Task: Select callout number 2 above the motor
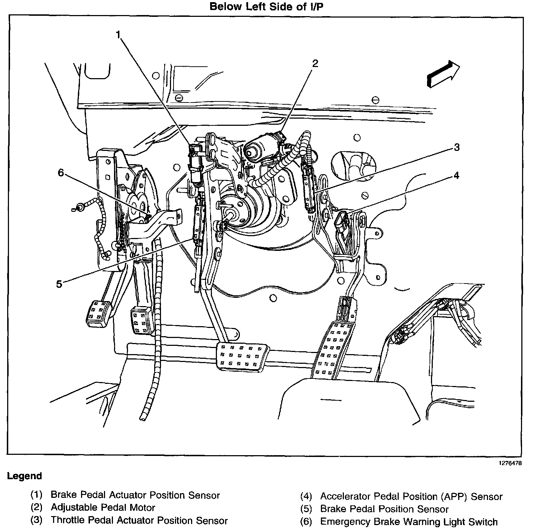click(x=315, y=64)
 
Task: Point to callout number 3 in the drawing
click(x=456, y=147)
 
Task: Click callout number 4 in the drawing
click(x=456, y=175)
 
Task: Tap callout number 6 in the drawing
click(x=61, y=173)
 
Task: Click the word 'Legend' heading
click(x=24, y=476)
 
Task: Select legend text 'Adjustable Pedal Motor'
click(x=103, y=507)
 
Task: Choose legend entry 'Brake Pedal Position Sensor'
click(x=384, y=509)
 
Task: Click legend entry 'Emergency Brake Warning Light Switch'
click(x=409, y=522)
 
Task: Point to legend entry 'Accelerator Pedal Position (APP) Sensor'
click(x=411, y=496)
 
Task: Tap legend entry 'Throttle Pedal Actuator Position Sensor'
click(x=139, y=520)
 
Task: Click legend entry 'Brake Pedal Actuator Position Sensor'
click(x=135, y=495)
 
